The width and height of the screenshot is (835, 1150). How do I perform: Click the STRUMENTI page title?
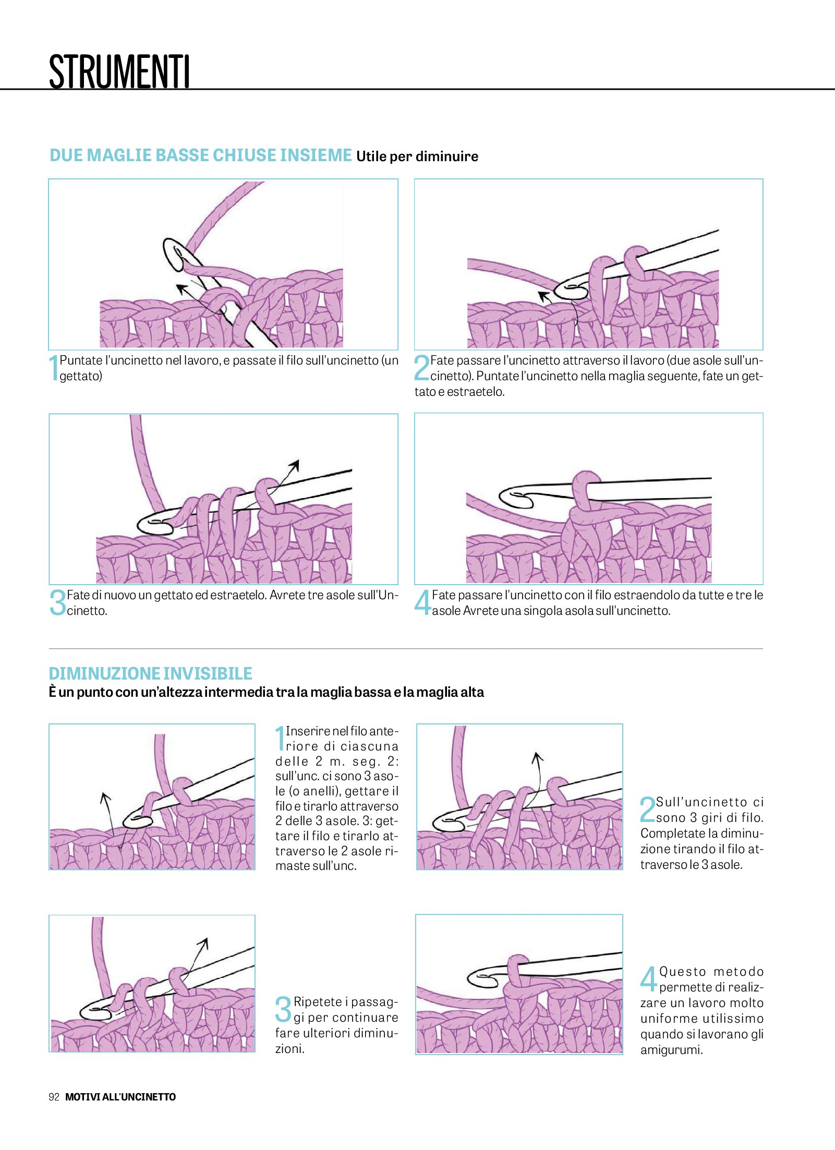[119, 71]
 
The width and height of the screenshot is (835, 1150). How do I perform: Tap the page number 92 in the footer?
[54, 1097]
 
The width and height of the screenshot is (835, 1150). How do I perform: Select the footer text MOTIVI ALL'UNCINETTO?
[120, 1097]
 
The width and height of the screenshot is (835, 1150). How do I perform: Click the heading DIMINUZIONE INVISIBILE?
[150, 673]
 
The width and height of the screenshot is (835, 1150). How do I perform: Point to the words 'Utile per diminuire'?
[417, 156]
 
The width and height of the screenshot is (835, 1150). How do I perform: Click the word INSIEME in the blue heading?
[316, 155]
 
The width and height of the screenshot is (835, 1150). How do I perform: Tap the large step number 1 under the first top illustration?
[53, 368]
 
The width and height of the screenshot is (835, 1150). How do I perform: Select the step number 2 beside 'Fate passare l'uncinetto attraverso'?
[421, 368]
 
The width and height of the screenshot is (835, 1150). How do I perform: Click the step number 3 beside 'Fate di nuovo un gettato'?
[57, 602]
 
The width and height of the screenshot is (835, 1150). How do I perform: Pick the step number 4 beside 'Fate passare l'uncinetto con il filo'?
[422, 602]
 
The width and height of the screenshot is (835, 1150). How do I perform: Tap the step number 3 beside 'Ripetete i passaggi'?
[283, 1009]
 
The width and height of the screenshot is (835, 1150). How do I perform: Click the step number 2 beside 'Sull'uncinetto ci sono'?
[647, 809]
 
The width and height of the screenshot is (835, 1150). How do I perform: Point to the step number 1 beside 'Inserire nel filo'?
[280, 738]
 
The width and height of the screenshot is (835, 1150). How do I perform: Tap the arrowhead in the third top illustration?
[295, 465]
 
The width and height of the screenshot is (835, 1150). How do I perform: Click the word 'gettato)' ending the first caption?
[81, 376]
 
